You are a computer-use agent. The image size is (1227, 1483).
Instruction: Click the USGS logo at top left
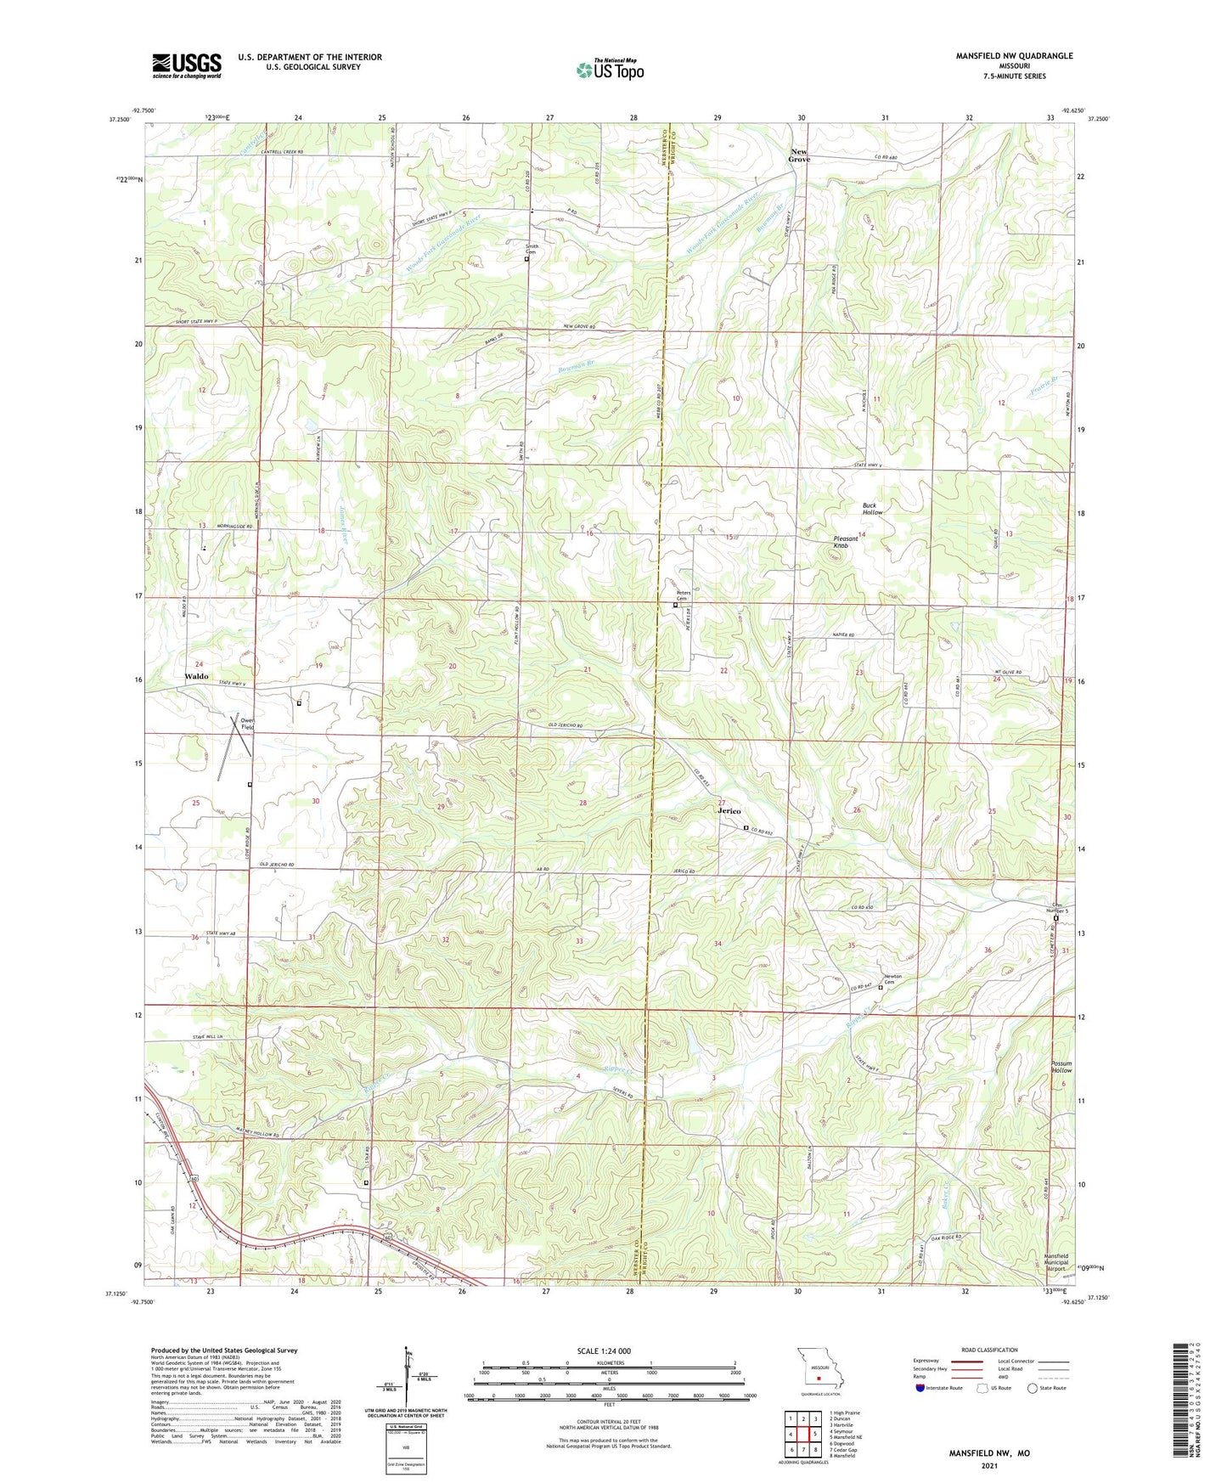coord(187,65)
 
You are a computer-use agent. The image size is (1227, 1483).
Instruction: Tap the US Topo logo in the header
coord(610,70)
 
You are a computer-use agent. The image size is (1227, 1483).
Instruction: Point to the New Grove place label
coord(799,155)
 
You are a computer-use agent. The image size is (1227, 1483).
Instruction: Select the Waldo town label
coord(196,676)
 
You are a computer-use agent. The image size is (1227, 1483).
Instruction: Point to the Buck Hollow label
coord(872,509)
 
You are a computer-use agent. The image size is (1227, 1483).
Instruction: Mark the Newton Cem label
coord(892,978)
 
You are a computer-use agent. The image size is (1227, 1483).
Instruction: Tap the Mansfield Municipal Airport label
coord(1056,1262)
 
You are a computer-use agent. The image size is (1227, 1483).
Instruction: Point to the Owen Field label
coord(247,724)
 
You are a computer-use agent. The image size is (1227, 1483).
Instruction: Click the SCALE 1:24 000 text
coord(603,1351)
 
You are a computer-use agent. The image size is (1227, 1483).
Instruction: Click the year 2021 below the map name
coord(988,1466)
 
